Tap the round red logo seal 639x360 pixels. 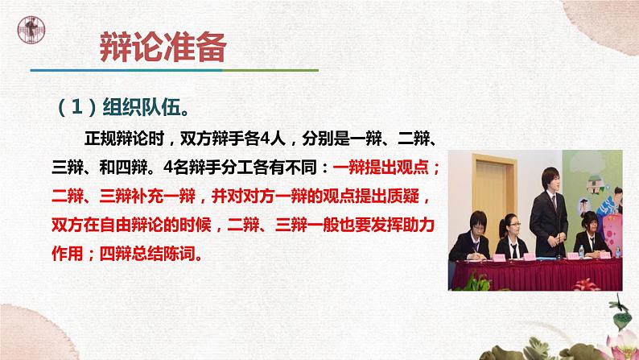33,31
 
